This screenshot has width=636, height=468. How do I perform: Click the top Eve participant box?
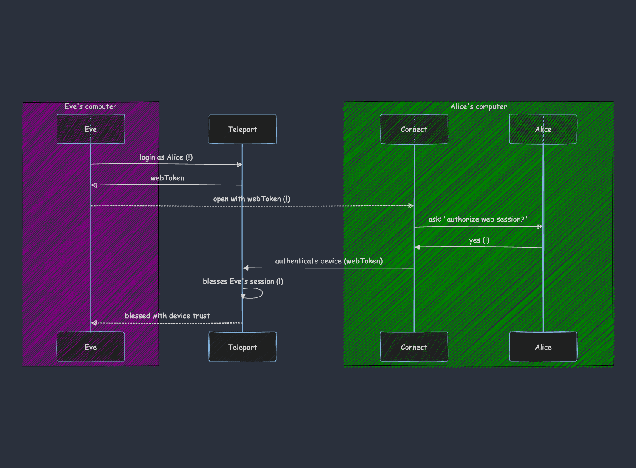(91, 129)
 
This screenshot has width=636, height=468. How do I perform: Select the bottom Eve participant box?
(91, 347)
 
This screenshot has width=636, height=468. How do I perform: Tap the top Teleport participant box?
(242, 129)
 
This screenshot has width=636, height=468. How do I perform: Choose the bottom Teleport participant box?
(242, 347)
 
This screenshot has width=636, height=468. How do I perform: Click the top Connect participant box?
(414, 129)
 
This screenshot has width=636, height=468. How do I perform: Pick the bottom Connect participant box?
(414, 347)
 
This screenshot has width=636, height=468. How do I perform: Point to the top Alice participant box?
(543, 129)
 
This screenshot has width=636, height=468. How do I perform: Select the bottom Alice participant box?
(543, 347)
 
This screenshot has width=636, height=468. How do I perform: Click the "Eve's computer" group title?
(91, 106)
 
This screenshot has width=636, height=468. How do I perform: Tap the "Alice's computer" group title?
(479, 106)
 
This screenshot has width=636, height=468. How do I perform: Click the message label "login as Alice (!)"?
(166, 157)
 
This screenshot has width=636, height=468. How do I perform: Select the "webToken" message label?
(167, 178)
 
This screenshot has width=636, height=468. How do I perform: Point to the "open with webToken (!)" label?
(252, 199)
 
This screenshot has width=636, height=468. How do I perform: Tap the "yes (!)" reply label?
(479, 240)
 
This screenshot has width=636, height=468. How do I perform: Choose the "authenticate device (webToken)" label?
(329, 261)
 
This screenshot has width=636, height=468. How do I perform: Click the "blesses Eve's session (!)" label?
(243, 281)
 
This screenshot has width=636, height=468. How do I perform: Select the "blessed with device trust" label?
(167, 316)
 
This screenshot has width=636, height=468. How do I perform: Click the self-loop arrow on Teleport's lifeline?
(263, 293)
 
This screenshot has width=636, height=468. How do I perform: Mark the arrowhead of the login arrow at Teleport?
(239, 165)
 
